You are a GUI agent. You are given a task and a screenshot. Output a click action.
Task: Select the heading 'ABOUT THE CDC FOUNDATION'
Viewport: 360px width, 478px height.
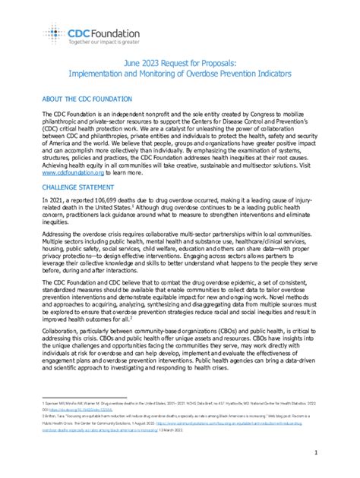click(x=87, y=99)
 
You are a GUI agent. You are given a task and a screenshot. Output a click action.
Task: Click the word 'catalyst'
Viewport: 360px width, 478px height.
click(x=226, y=131)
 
